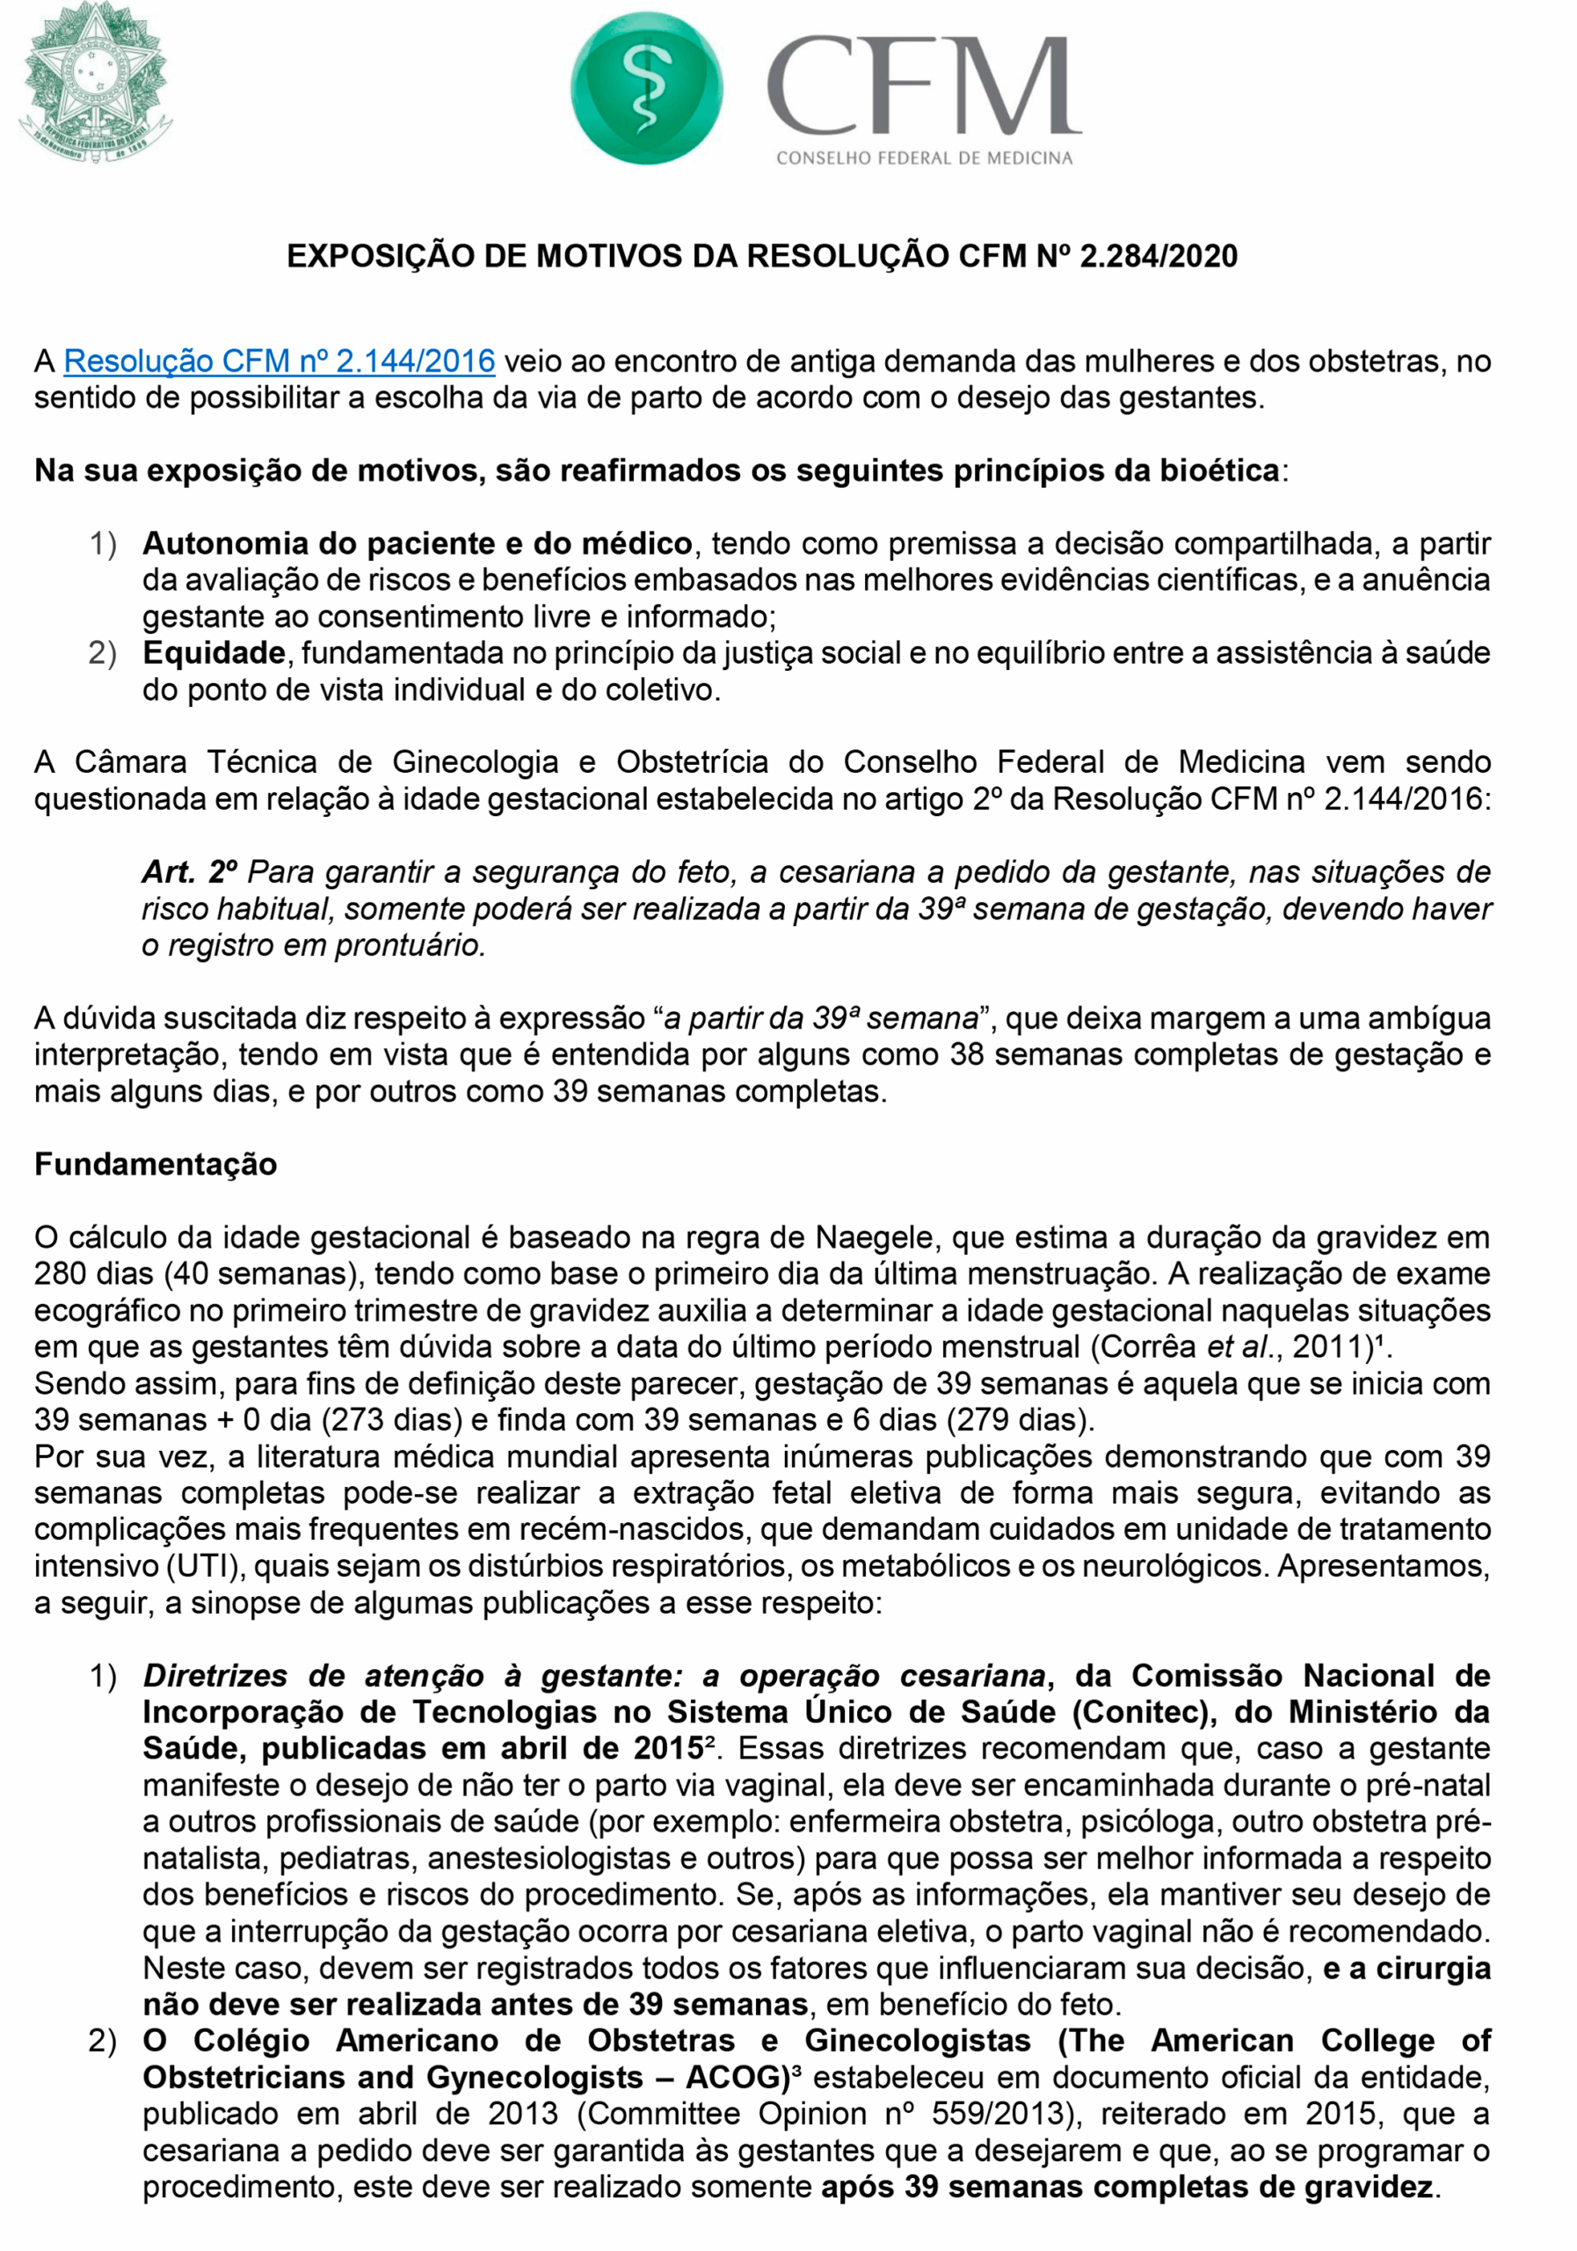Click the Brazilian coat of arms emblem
95,84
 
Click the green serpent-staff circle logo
646,89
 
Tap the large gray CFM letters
922,85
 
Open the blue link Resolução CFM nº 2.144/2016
280,361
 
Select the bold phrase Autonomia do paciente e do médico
418,543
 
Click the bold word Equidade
214,653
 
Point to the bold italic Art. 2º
190,871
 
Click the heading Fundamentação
156,1163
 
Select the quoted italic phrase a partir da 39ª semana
822,1018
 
